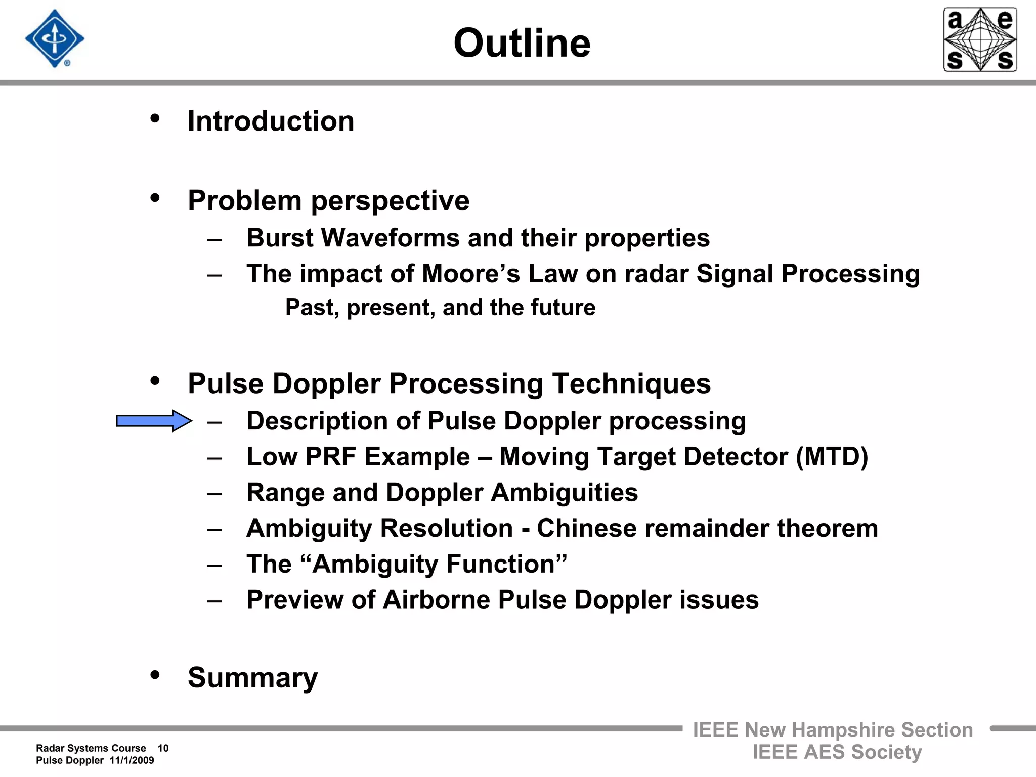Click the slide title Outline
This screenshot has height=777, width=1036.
tap(522, 44)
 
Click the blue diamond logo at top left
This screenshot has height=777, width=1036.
tap(55, 39)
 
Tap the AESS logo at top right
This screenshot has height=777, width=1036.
tap(980, 39)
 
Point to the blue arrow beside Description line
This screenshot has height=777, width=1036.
tap(153, 421)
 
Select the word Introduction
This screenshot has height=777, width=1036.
tap(271, 121)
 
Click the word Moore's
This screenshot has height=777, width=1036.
tap(470, 274)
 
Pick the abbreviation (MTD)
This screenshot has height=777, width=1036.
tap(832, 457)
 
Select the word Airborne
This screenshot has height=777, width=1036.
tap(436, 600)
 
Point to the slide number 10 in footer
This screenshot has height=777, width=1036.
tap(163, 748)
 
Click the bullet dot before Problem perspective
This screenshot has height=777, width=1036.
tap(155, 198)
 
